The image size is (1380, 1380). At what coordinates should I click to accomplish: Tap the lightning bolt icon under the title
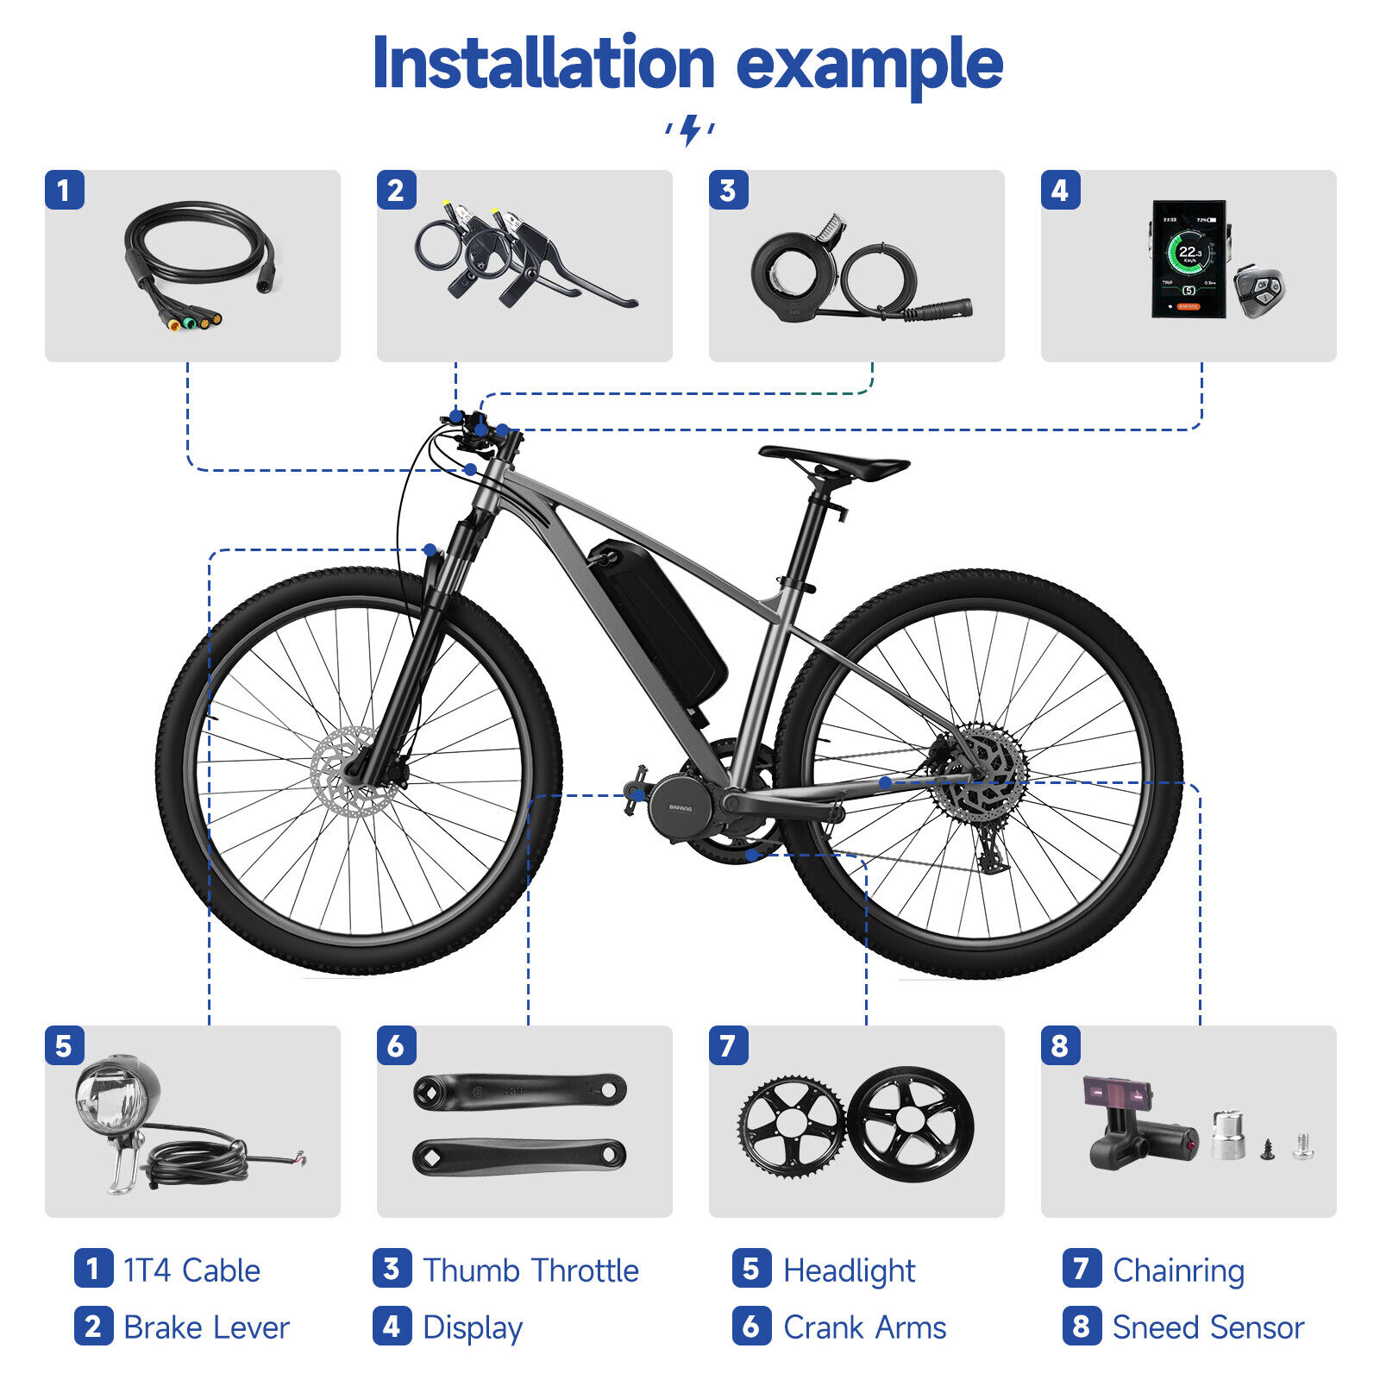[690, 129]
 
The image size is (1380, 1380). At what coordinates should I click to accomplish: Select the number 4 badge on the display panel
[1060, 190]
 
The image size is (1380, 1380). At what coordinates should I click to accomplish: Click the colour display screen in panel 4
[1189, 259]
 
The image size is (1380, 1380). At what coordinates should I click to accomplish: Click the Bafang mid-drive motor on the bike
[681, 806]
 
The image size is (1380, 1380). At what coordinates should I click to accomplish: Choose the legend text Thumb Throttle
[530, 1270]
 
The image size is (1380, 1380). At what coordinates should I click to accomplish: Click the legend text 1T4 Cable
[191, 1270]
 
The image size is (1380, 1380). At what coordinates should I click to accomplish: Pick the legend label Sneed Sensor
[1207, 1327]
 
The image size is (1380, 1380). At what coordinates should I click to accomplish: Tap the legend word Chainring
[1178, 1270]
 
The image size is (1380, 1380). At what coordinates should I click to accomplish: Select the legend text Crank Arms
[864, 1327]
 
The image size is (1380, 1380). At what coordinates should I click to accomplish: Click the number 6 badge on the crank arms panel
[396, 1045]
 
